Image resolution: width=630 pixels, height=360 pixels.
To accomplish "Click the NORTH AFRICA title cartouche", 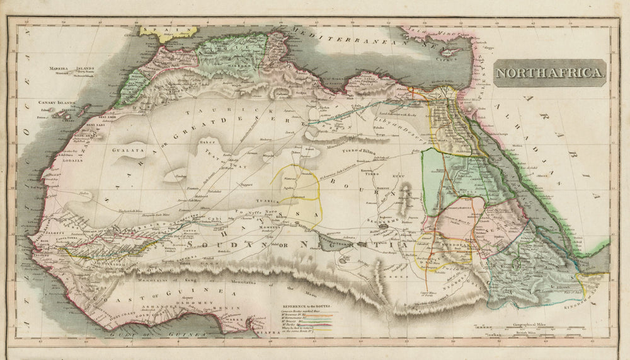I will [549, 73].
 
